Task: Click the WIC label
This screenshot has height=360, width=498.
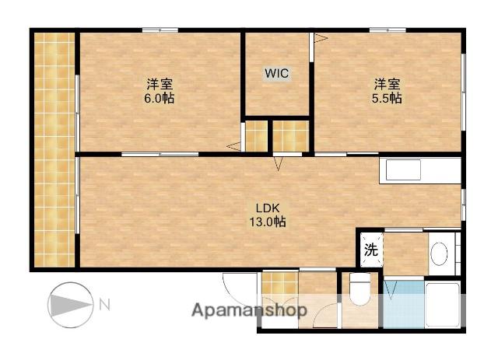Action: (x=277, y=73)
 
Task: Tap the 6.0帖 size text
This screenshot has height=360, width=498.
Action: (x=159, y=98)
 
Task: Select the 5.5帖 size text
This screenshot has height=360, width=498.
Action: (x=387, y=98)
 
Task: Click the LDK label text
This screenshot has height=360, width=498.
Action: (x=268, y=208)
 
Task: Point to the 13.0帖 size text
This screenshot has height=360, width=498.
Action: (x=267, y=222)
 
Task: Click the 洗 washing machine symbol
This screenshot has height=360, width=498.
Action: (x=371, y=250)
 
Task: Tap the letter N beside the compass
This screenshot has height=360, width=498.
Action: (x=105, y=305)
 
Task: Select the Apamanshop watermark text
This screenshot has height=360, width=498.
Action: (x=249, y=310)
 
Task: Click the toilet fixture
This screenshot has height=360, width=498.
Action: (x=359, y=289)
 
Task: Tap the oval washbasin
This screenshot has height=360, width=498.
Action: (x=439, y=254)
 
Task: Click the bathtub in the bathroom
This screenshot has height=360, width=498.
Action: (x=443, y=305)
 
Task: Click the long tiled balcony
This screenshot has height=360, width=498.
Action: (x=54, y=149)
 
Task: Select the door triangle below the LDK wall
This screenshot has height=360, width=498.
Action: (x=279, y=164)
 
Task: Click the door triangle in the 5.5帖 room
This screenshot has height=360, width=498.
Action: (x=321, y=38)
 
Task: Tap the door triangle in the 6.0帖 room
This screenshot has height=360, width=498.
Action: (x=233, y=146)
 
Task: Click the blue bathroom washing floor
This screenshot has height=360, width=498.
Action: (x=404, y=304)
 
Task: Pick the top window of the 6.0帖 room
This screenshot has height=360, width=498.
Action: (x=160, y=30)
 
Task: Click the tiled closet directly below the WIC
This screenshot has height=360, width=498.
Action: (x=256, y=136)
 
